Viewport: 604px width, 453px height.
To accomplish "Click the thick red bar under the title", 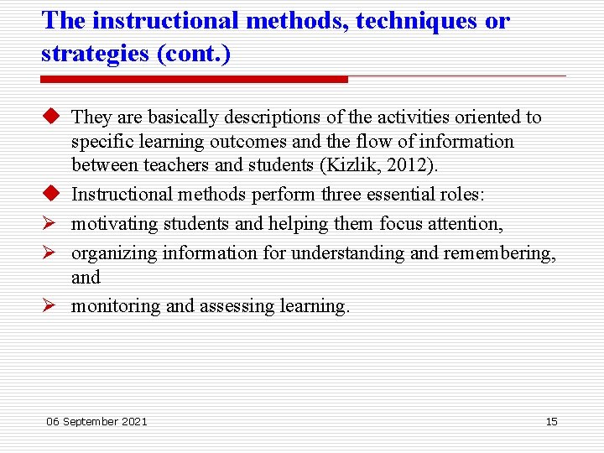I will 194,79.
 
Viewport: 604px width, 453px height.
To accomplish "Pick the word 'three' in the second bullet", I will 346,195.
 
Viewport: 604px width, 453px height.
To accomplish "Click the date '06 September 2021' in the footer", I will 96,421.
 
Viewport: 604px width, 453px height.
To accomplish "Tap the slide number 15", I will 551,421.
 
